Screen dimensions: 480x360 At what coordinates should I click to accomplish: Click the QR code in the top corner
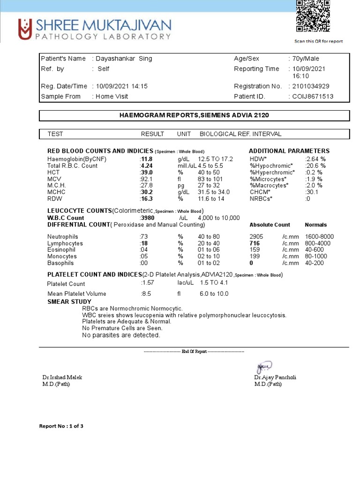click(x=313, y=17)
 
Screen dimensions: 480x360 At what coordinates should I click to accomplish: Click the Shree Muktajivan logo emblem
click(x=25, y=29)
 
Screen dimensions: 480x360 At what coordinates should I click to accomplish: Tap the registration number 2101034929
click(x=310, y=86)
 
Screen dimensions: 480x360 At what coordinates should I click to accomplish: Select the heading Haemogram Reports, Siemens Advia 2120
click(x=194, y=115)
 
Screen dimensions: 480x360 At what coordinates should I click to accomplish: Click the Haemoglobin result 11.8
click(x=147, y=159)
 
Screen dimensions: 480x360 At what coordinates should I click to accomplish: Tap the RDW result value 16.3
click(x=147, y=199)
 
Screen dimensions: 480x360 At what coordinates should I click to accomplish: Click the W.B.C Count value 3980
click(x=147, y=218)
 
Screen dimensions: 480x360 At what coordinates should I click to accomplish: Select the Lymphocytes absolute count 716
click(x=255, y=244)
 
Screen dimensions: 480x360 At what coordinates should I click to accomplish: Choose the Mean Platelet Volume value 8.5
click(x=146, y=294)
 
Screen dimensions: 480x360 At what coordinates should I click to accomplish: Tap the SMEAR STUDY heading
click(x=69, y=301)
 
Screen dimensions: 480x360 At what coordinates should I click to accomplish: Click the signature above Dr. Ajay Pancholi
click(x=264, y=367)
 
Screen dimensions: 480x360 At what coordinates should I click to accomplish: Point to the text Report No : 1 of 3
click(x=61, y=426)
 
